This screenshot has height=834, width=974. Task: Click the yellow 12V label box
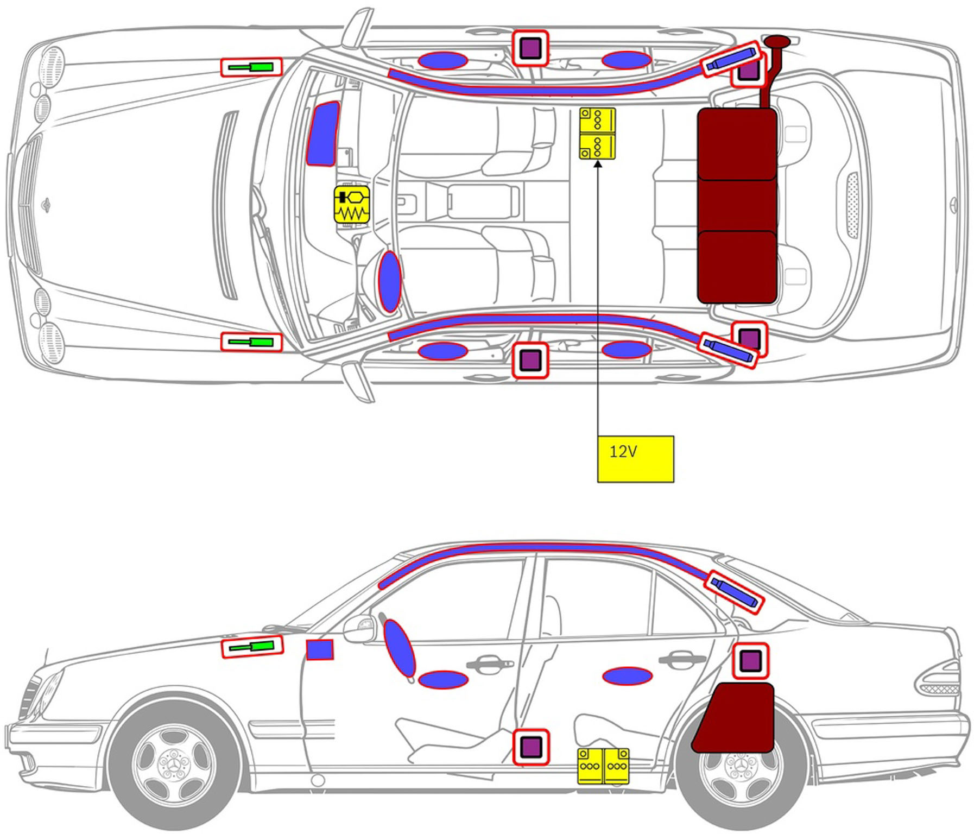[x=635, y=459]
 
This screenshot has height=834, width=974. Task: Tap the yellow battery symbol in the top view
[x=597, y=134]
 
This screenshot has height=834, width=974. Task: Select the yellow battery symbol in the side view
[x=603, y=766]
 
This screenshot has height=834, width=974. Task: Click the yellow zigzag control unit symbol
[x=352, y=205]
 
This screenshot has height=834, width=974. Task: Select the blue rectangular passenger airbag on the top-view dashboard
[x=322, y=133]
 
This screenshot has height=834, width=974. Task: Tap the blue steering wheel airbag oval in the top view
[x=389, y=281]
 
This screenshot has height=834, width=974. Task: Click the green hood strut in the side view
[x=252, y=647]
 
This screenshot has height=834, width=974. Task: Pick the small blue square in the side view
[x=320, y=650]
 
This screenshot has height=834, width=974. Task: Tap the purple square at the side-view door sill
[x=530, y=747]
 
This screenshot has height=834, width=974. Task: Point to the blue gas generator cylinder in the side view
[x=734, y=592]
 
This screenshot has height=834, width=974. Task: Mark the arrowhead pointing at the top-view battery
[x=598, y=164]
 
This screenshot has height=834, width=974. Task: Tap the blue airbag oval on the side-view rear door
[x=627, y=676]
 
